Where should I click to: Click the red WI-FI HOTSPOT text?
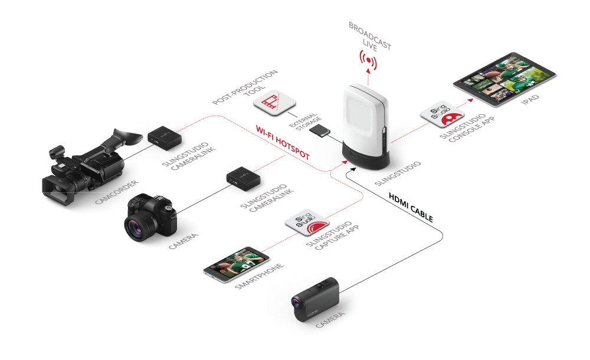284,142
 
